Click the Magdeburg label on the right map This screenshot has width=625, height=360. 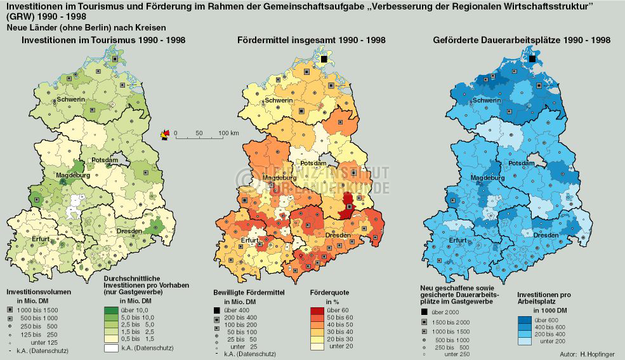[x=487, y=178]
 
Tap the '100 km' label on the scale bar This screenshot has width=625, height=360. [x=228, y=133]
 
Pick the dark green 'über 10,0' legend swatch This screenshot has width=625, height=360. [x=112, y=310]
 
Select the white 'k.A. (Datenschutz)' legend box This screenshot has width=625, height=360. [x=112, y=348]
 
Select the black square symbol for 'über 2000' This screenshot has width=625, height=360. [x=424, y=312]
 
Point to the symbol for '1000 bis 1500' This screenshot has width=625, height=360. [x=10, y=309]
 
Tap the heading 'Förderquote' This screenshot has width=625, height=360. [x=329, y=292]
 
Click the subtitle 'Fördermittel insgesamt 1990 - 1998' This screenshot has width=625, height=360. [x=311, y=40]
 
